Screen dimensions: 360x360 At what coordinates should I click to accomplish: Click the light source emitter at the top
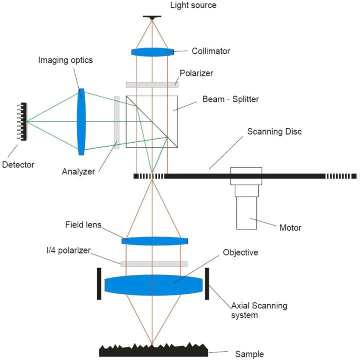click(152, 17)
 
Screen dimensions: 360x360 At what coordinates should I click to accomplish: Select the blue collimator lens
click(153, 52)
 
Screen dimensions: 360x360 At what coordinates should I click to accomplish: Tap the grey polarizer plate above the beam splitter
click(152, 85)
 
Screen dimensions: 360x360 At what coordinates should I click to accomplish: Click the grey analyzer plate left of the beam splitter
click(117, 122)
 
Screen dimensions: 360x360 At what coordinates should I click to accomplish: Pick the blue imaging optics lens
click(82, 122)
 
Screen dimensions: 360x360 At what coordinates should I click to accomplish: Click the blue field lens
click(155, 241)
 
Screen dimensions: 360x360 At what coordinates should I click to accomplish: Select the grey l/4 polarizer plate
click(154, 264)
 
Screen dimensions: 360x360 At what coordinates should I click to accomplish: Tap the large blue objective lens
click(154, 285)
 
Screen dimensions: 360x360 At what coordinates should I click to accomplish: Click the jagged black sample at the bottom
click(154, 351)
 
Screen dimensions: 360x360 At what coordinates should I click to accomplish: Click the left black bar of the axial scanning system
click(99, 284)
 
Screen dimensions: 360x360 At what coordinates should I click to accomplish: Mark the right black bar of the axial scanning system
click(207, 284)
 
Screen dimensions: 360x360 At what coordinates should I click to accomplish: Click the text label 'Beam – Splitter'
click(230, 99)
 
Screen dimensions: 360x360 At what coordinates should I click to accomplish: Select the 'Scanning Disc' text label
click(274, 132)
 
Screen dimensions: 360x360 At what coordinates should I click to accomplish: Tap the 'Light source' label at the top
click(193, 5)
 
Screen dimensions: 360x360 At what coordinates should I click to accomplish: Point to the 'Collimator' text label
click(211, 51)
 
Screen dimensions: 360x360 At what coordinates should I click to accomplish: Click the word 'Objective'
click(240, 252)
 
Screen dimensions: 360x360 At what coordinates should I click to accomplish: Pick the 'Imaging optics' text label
click(65, 60)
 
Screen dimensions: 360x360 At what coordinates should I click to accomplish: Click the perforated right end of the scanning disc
click(340, 176)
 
